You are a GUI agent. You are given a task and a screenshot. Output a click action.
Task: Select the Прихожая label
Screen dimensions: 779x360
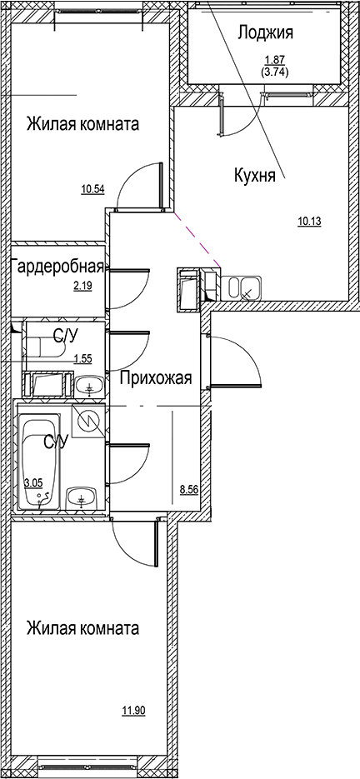[156, 378]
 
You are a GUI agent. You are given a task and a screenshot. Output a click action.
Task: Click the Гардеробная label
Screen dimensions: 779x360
[57, 267]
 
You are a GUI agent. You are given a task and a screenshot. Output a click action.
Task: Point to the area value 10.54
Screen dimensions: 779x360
[92, 189]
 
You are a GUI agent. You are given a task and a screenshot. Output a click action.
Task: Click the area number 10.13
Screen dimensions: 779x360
[310, 221]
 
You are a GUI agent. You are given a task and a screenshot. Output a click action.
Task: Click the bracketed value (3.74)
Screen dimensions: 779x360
[274, 72]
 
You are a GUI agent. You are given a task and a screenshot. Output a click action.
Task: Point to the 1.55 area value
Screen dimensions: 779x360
[82, 359]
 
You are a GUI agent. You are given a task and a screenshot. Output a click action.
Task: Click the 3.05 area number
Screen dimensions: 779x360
[33, 482]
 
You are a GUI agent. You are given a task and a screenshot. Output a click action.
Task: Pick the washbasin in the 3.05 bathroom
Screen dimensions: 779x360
[81, 498]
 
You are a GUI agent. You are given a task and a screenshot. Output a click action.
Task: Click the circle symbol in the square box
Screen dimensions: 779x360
[87, 421]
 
